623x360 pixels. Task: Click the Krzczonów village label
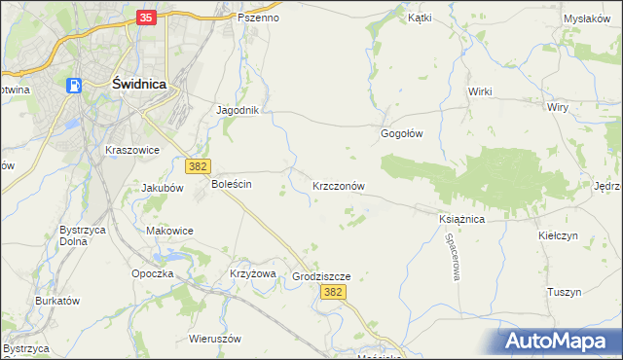pos(339,185)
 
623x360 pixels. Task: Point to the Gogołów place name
pos(401,134)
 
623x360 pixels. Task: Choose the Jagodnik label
pos(238,110)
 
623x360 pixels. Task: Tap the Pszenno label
pos(258,18)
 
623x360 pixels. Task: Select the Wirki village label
pos(480,91)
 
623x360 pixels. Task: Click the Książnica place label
pos(461,220)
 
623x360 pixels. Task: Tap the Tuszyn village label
pos(564,292)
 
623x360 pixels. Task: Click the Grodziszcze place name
pos(321,276)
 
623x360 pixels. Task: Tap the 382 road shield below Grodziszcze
pos(334,292)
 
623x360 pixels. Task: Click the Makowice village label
pos(169,231)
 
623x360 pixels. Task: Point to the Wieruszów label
pos(214,340)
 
